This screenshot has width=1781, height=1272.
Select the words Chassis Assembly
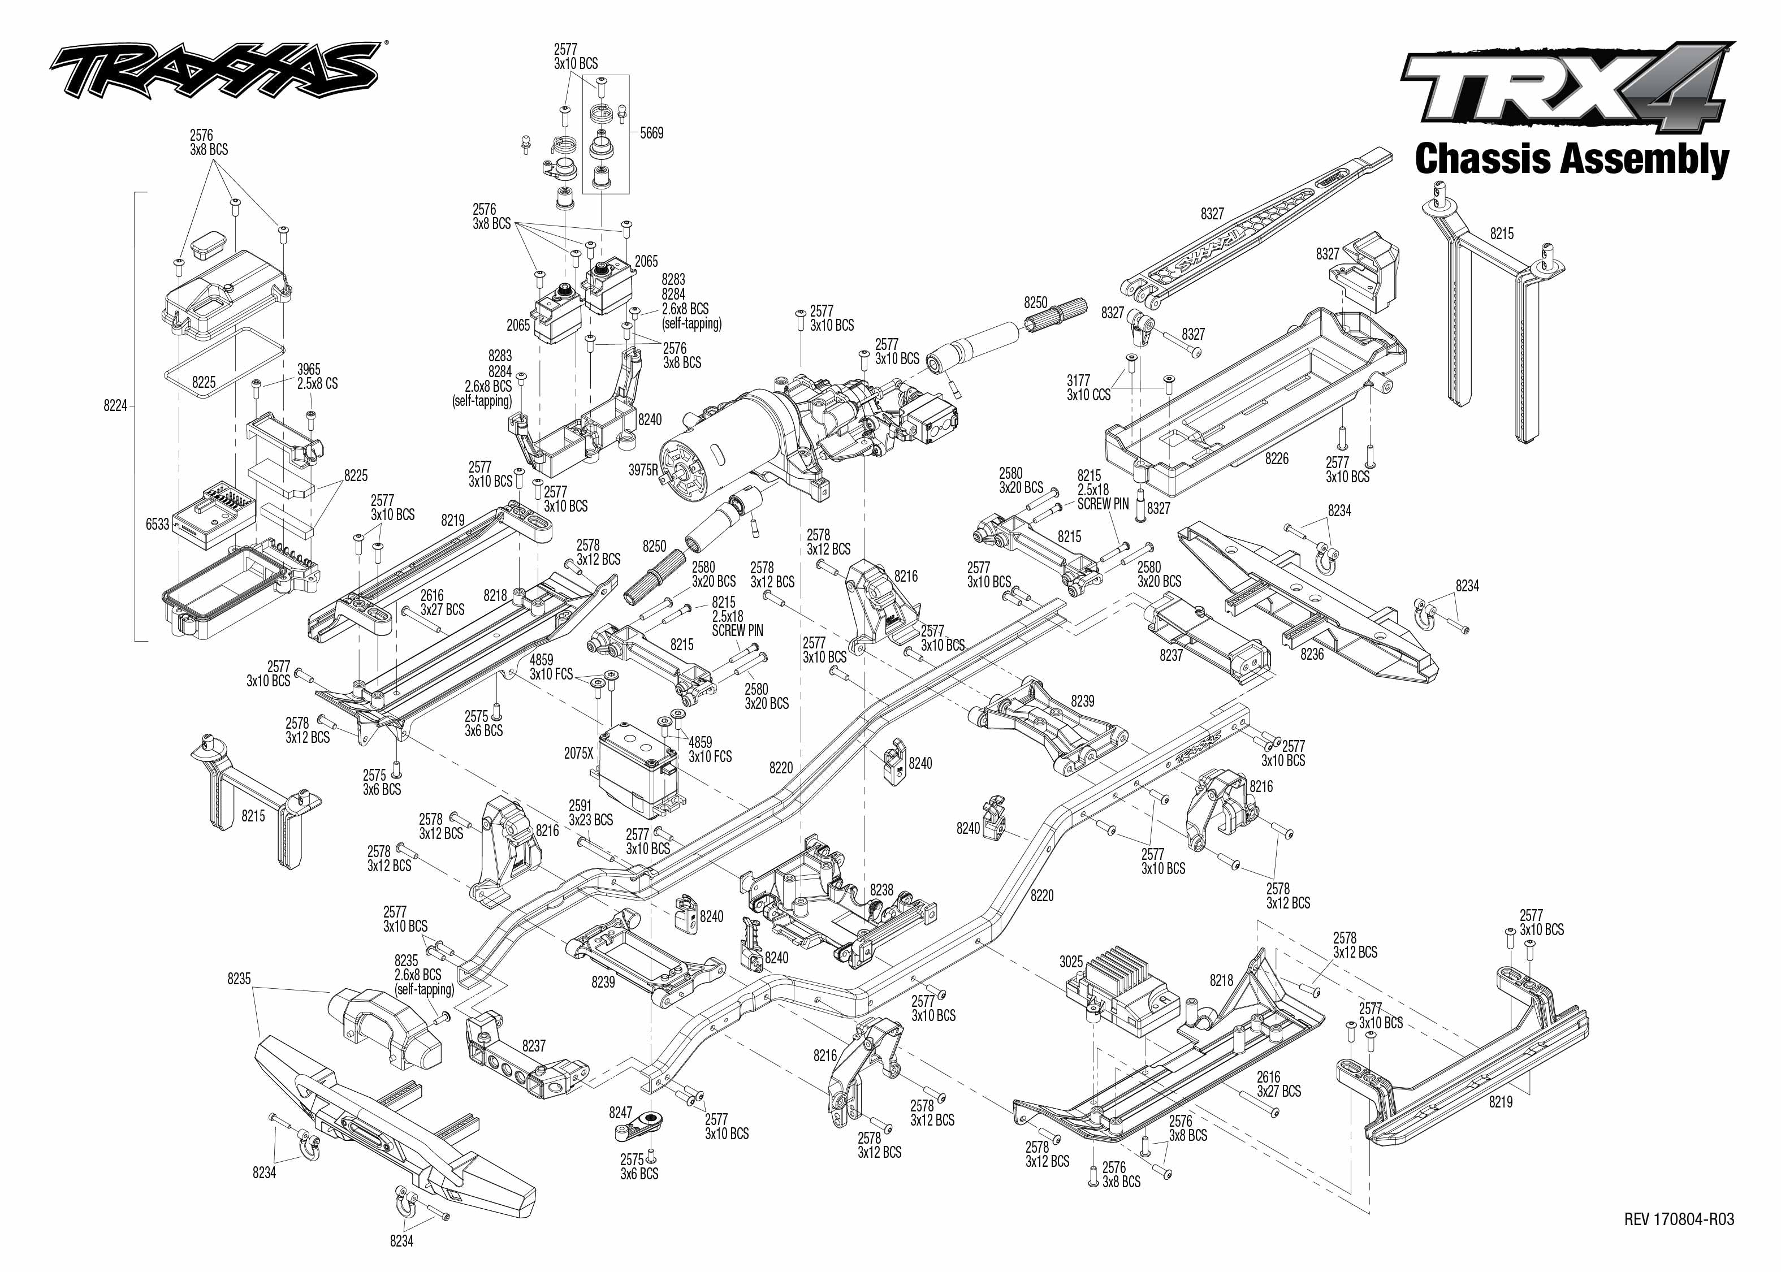[1571, 159]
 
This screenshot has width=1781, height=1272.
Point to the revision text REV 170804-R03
[1679, 1219]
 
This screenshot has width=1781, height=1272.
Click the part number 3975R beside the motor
[643, 470]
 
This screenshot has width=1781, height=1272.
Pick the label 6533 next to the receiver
[157, 524]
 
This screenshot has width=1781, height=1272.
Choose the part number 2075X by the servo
[579, 752]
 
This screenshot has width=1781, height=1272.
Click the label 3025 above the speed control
[1071, 961]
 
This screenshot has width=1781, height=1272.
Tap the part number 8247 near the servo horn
[620, 1112]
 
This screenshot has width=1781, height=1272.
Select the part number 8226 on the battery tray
[1276, 458]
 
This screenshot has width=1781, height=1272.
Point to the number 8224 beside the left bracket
[115, 406]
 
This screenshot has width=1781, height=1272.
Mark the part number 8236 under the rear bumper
[1311, 654]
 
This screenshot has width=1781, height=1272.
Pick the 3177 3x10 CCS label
[1088, 388]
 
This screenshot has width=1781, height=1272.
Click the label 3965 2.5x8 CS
[317, 376]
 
